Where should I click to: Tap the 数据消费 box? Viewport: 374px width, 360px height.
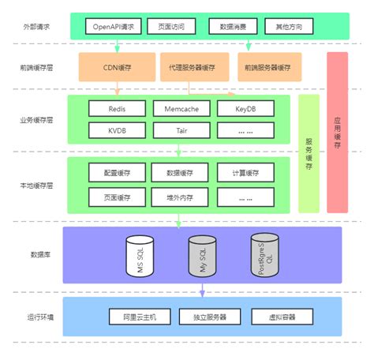232,27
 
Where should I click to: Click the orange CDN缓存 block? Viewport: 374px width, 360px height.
117,68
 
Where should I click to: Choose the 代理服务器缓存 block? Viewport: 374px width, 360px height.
194,68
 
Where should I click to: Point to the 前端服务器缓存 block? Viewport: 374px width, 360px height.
272,68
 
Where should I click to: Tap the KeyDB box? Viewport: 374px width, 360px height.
245,107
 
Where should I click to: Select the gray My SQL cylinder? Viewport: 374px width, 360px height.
202,255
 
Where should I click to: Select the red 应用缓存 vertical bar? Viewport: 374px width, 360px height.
337,133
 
